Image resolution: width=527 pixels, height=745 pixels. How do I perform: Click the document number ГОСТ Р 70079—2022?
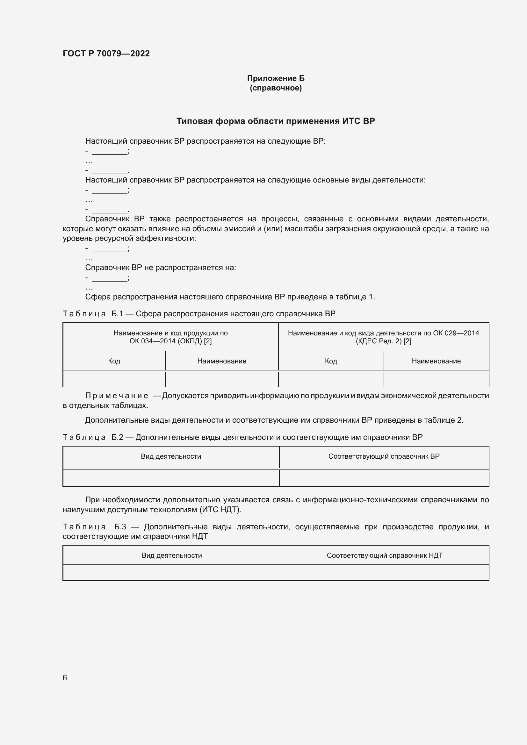(x=106, y=54)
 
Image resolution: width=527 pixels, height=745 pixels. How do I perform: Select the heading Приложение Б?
(x=276, y=78)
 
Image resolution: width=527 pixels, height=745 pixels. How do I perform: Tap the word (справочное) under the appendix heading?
(x=276, y=88)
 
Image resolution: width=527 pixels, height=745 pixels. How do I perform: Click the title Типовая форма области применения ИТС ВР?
(x=276, y=121)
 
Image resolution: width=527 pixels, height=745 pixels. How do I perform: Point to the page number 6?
(x=65, y=677)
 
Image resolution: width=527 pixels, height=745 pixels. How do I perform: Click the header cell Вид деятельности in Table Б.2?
(x=171, y=456)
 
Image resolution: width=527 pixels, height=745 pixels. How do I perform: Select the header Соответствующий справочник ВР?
(x=384, y=456)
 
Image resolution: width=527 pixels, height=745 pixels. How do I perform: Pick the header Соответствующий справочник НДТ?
(x=385, y=555)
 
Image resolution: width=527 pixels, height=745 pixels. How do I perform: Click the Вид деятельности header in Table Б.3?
(x=172, y=555)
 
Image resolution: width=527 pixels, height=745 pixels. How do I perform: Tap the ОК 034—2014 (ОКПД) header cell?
(x=170, y=337)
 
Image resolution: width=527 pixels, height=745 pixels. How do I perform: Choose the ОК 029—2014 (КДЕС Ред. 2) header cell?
(x=383, y=337)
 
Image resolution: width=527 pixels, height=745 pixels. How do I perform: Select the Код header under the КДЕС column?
(x=331, y=361)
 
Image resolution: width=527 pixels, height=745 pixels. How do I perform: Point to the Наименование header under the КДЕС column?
(x=436, y=361)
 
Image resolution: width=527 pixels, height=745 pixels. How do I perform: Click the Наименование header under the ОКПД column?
(x=222, y=361)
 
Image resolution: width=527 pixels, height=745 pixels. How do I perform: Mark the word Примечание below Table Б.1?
(x=117, y=396)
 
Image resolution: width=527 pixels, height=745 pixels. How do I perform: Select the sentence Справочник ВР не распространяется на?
(x=160, y=268)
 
